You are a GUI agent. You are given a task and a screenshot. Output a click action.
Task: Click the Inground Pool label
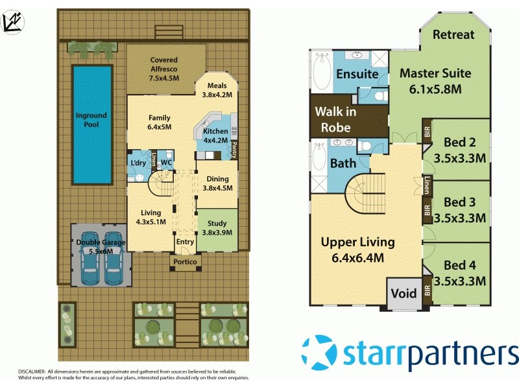point(91,120)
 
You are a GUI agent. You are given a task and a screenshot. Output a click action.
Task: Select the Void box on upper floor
point(404,294)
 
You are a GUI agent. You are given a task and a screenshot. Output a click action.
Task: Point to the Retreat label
point(453,34)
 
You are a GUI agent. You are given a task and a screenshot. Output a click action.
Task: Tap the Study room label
point(217,227)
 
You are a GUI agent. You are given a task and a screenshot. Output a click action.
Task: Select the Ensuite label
point(356,74)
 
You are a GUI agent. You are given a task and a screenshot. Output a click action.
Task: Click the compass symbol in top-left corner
point(12,21)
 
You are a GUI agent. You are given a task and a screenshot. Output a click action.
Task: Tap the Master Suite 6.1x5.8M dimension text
point(435,89)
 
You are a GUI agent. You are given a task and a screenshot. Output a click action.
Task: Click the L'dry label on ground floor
point(138,161)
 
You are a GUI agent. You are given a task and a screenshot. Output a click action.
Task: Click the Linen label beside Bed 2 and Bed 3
point(427,185)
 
